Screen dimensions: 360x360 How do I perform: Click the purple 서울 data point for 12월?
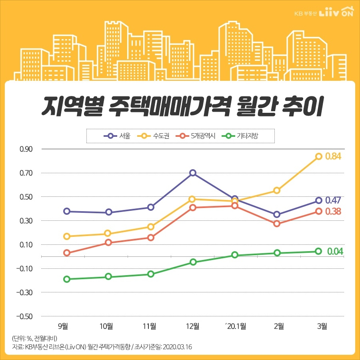(x=193, y=173)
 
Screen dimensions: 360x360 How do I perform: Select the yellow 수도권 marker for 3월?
(x=318, y=156)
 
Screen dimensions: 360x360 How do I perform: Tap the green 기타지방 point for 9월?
(x=67, y=279)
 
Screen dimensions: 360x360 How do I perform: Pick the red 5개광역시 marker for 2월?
(x=277, y=224)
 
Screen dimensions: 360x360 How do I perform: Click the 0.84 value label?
(x=333, y=156)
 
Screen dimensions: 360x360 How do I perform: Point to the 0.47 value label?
(x=333, y=200)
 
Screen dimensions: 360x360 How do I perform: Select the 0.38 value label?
(x=333, y=212)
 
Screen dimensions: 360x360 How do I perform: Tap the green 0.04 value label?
(x=335, y=252)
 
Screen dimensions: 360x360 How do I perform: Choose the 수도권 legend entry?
(x=154, y=136)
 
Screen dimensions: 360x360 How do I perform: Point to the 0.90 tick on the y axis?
(x=26, y=149)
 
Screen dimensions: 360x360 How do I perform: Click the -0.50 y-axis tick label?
(x=25, y=316)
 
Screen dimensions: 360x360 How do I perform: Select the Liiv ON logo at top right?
(x=336, y=12)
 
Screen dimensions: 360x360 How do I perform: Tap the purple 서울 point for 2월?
(x=277, y=214)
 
